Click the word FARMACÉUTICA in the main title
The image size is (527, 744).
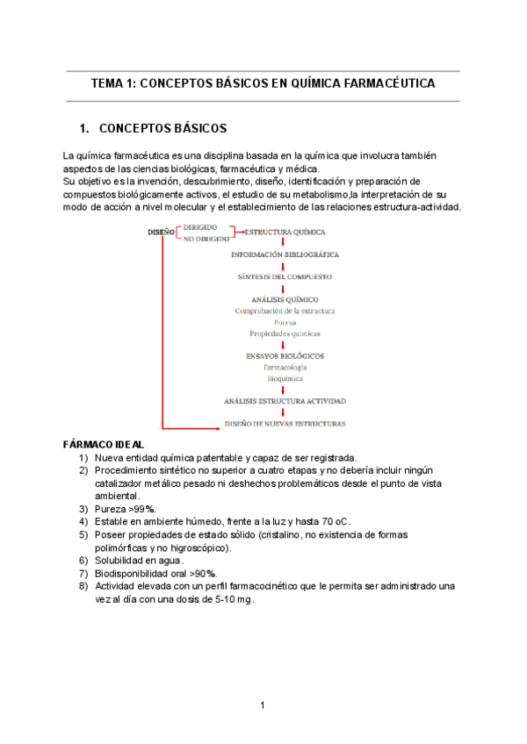coord(383,84)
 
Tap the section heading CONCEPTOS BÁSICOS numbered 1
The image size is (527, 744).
coord(163,128)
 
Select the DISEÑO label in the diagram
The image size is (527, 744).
coord(161,232)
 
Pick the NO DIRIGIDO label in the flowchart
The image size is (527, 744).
coord(206,238)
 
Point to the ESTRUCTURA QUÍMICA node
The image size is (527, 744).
coord(285,232)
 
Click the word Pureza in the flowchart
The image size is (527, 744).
coord(285,322)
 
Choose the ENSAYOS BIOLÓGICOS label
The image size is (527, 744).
coord(285,355)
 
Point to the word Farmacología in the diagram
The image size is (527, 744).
coord(285,368)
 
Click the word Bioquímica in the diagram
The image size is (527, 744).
coord(285,378)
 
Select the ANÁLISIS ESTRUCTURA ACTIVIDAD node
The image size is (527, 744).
coord(285,401)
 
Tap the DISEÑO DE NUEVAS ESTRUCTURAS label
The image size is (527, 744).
coord(285,423)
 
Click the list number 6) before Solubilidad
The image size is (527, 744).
coord(83,560)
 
